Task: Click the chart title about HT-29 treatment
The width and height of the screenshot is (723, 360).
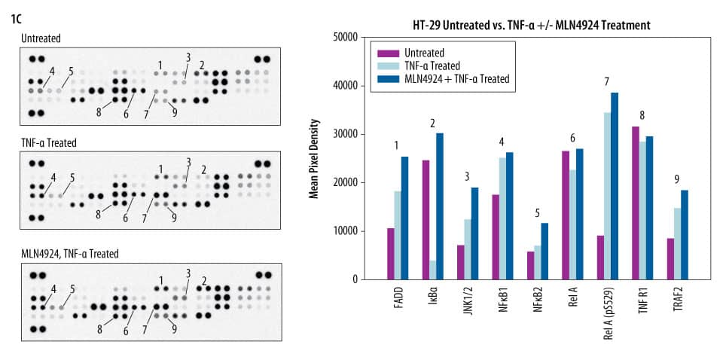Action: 531,26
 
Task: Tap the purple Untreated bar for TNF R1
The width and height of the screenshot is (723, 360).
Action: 635,203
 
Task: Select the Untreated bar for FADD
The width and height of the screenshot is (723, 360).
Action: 390,253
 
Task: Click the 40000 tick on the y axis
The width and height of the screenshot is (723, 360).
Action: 346,86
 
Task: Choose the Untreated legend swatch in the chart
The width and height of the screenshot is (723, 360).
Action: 389,53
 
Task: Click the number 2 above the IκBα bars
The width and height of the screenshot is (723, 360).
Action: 432,122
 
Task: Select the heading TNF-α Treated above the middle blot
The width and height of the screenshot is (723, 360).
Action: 49,142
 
